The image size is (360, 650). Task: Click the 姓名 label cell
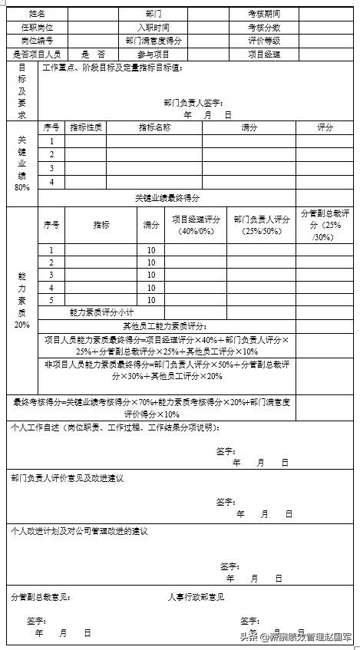tap(37, 14)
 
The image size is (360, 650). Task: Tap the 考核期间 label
tap(263, 14)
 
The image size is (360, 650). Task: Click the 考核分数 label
tap(263, 27)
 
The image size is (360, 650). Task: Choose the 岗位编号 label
tap(37, 40)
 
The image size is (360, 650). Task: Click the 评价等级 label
tap(263, 40)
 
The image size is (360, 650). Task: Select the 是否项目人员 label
tap(37, 54)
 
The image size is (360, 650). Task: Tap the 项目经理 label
tap(263, 54)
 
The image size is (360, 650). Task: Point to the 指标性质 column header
tap(85, 127)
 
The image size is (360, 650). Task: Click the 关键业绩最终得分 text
tap(167, 198)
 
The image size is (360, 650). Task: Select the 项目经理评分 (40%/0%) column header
tap(196, 225)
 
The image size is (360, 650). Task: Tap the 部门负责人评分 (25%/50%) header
tap(262, 225)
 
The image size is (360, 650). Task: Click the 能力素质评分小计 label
tap(101, 313)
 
